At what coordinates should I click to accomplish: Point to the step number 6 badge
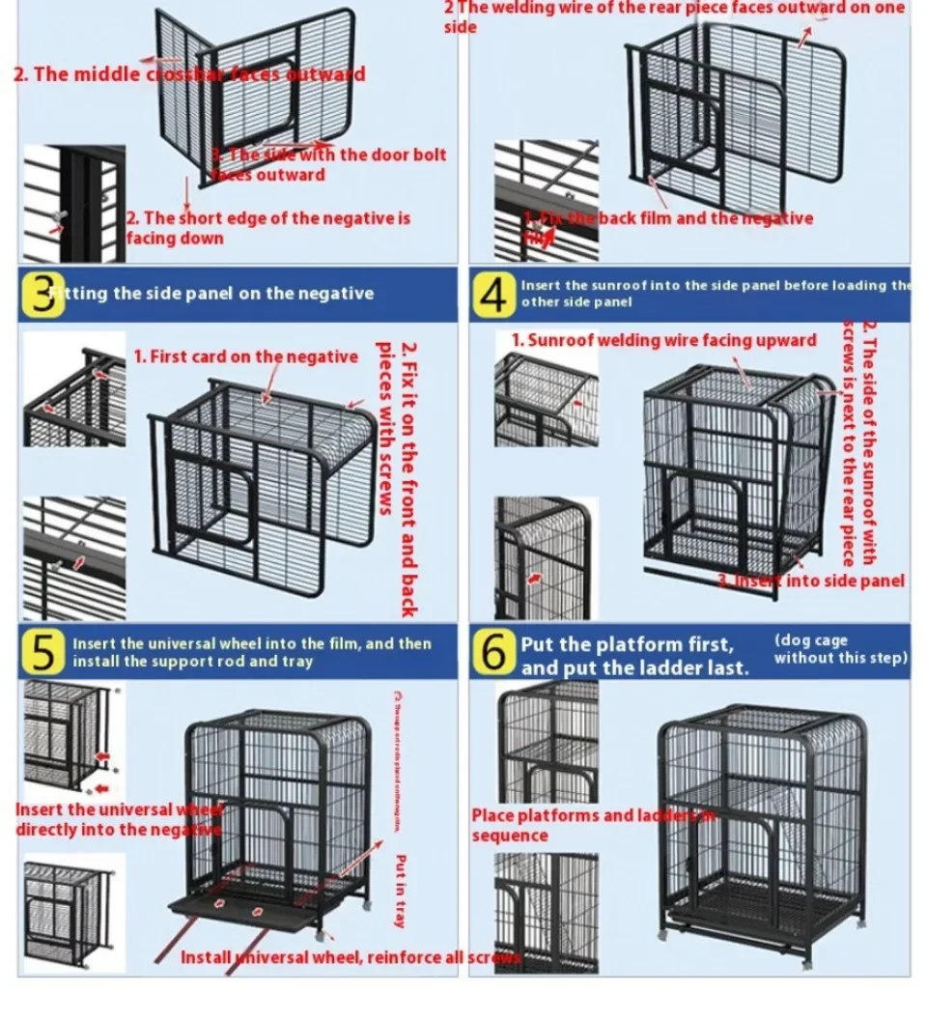[x=493, y=654]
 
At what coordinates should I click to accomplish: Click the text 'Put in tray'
[x=401, y=891]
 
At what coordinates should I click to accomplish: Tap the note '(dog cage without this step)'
[x=840, y=649]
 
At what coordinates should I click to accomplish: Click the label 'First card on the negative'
[x=245, y=357]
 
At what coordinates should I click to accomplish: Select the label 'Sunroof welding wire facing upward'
[x=663, y=340]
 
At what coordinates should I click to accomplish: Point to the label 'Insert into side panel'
[x=811, y=581]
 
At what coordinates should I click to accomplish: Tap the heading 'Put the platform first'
[x=628, y=644]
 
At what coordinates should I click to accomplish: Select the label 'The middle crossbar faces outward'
[x=189, y=74]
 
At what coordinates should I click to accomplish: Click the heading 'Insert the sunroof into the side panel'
[x=715, y=293]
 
